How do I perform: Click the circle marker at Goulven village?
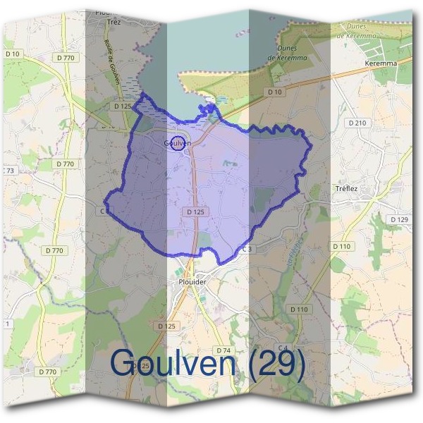coord(178,142)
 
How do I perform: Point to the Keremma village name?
coord(381,63)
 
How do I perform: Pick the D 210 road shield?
coord(358,123)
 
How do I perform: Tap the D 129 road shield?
coord(398,220)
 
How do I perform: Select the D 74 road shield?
coord(223,350)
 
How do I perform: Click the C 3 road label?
coord(247,249)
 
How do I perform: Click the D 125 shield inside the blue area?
coord(196,211)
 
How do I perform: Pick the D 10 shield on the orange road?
coord(275,92)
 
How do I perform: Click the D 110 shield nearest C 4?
coord(299,309)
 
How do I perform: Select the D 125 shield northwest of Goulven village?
coord(123,106)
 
